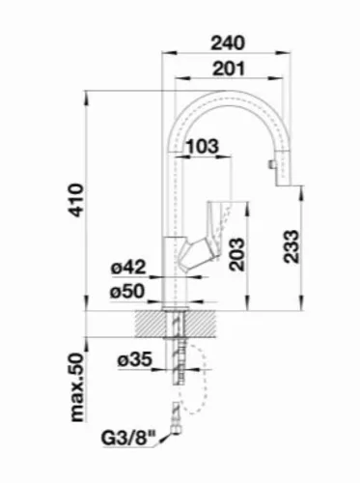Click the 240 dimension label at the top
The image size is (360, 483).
click(x=228, y=43)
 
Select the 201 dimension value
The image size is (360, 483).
click(x=229, y=69)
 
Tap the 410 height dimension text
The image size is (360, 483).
click(x=76, y=200)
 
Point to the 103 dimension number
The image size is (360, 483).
click(x=203, y=147)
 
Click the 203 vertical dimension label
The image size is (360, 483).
click(x=237, y=254)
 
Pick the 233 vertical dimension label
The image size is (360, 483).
click(x=291, y=246)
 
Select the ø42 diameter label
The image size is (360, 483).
click(x=128, y=267)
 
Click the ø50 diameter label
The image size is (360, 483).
click(x=127, y=292)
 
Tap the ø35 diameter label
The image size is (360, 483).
click(x=134, y=359)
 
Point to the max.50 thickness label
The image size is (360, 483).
click(x=77, y=387)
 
